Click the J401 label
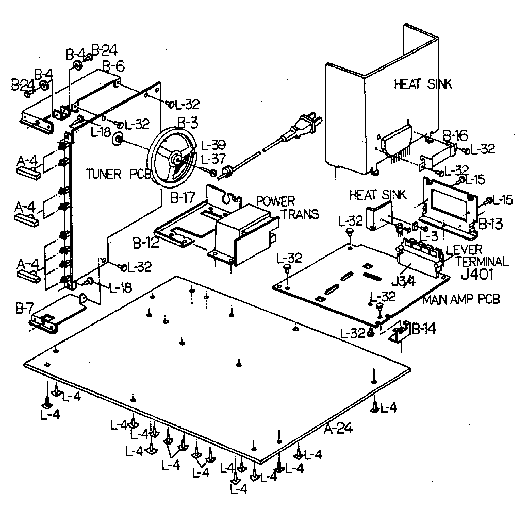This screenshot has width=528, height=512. point(478,275)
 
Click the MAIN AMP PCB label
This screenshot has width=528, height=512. point(461,299)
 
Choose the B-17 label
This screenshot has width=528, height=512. point(181,196)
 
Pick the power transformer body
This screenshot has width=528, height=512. point(242,232)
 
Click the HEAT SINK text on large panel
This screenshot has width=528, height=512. point(423,84)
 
